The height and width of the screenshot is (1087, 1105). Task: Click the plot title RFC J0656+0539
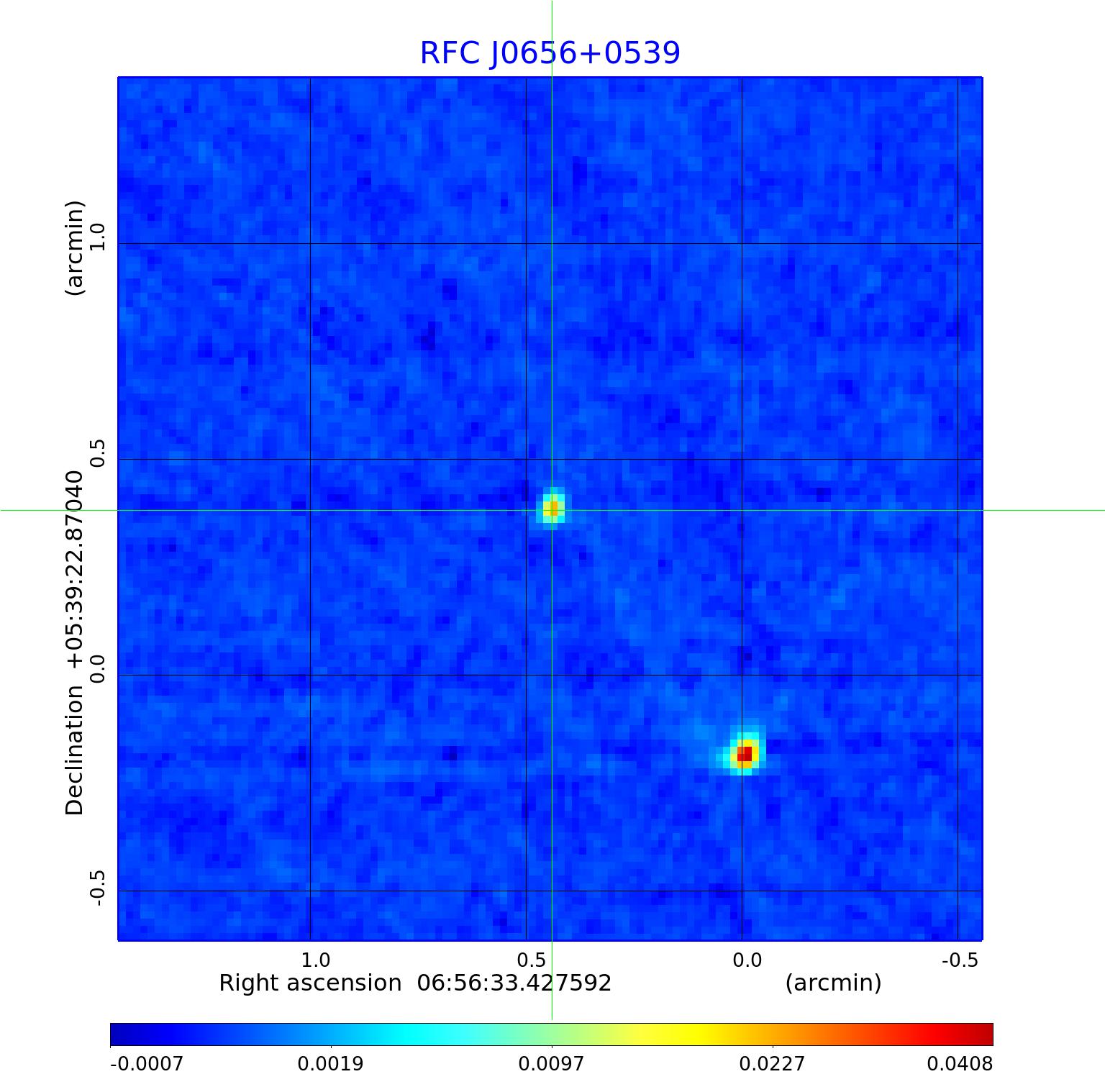pos(550,53)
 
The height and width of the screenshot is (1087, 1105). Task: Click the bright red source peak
pos(745,753)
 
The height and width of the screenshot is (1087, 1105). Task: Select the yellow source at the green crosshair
pos(552,509)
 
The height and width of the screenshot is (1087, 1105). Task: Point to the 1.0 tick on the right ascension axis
pos(315,960)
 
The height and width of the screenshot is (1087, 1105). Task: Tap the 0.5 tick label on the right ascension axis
pos(531,960)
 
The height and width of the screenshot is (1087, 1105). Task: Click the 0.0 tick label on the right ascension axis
pos(747,960)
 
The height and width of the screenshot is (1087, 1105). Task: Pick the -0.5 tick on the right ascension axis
pos(960,960)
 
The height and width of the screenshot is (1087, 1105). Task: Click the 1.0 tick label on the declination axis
pos(96,236)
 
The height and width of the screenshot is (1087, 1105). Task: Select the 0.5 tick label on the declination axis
pos(96,452)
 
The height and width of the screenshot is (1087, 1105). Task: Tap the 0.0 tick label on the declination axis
pos(96,668)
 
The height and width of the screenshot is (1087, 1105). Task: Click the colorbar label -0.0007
pos(147,1063)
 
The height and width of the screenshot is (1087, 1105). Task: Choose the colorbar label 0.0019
pos(331,1063)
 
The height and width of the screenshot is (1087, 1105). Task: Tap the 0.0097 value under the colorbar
pos(552,1063)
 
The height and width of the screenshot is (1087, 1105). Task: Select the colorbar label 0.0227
pos(773,1063)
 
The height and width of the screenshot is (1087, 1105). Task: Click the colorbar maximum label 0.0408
pos(960,1063)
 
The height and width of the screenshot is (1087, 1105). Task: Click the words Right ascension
pos(310,983)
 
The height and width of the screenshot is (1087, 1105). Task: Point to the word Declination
pos(75,750)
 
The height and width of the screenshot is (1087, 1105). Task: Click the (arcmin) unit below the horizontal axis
pos(833,983)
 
